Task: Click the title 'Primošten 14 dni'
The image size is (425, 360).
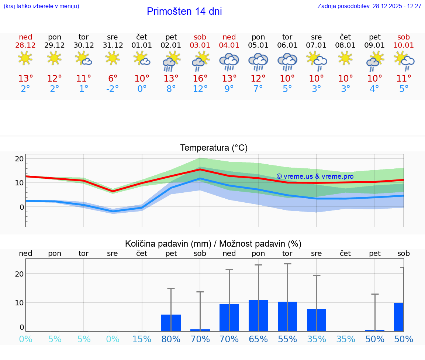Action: click(184, 11)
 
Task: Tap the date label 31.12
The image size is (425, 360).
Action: click(113, 45)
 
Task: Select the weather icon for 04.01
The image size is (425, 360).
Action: click(229, 61)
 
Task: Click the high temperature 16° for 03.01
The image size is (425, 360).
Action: click(200, 79)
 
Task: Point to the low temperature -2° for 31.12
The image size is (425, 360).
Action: click(113, 89)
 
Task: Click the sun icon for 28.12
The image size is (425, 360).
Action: click(25, 58)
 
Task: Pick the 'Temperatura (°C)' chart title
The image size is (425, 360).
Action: click(214, 148)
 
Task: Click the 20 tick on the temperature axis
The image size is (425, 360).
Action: click(19, 159)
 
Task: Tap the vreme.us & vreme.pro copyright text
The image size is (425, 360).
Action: click(315, 176)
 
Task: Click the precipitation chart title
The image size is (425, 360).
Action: click(213, 244)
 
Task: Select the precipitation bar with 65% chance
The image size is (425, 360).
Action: click(258, 315)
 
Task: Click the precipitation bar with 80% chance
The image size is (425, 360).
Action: click(171, 323)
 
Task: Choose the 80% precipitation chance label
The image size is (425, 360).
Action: click(171, 339)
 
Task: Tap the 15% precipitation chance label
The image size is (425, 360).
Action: click(142, 339)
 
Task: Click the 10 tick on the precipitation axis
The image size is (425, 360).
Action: click(19, 302)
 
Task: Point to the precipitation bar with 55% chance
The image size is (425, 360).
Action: click(287, 316)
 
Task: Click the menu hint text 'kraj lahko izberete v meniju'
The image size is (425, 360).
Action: click(41, 6)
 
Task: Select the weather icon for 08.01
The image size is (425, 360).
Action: click(345, 58)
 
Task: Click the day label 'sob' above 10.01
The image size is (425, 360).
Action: click(404, 37)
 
